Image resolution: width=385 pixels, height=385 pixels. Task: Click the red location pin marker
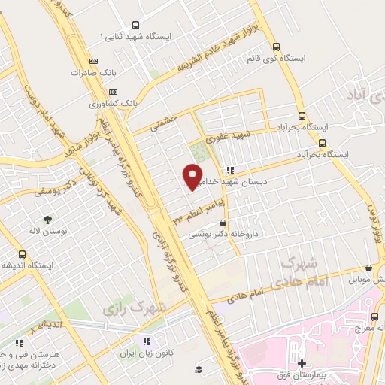point(192,176)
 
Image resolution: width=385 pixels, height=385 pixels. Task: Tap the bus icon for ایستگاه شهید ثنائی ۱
point(135,24)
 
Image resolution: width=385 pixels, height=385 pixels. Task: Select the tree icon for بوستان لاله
point(48,219)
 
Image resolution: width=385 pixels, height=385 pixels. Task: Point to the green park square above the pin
point(197,151)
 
